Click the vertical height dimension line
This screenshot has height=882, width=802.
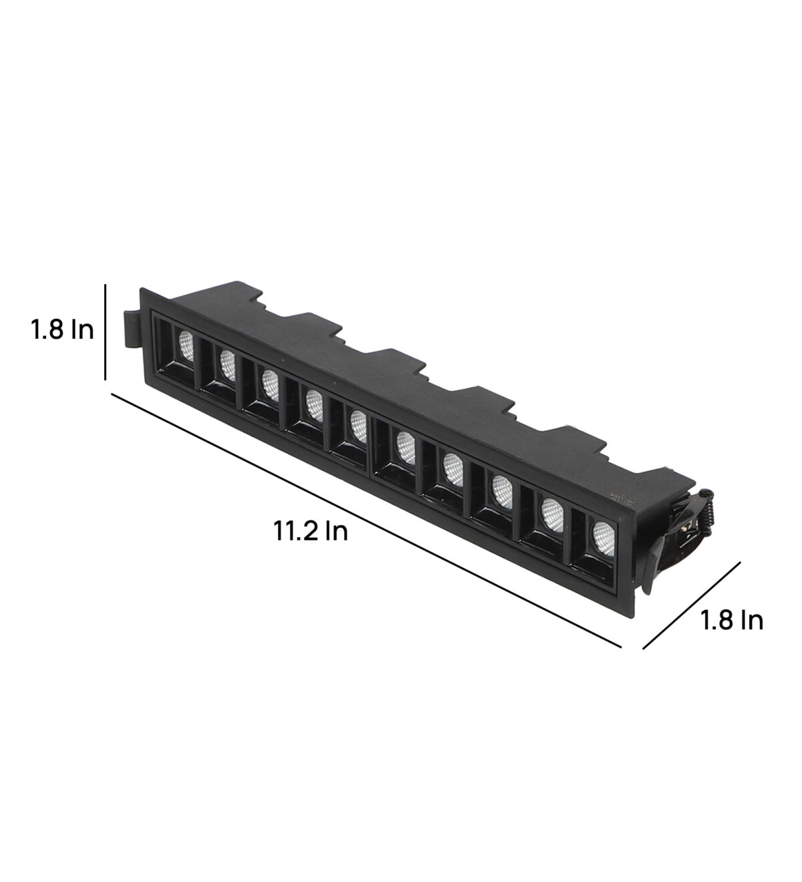pos(105,331)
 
